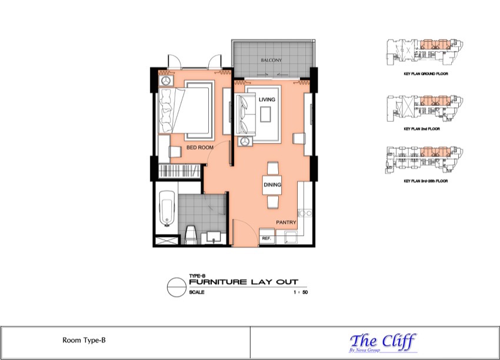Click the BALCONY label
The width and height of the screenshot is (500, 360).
[271, 60]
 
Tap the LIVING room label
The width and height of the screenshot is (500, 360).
[267, 99]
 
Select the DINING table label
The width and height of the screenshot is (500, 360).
[272, 185]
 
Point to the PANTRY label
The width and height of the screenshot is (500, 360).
[286, 222]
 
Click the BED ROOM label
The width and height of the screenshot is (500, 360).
[200, 148]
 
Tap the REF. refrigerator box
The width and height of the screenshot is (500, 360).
[266, 238]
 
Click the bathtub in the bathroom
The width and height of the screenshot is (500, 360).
[166, 208]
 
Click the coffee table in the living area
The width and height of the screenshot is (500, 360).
[265, 114]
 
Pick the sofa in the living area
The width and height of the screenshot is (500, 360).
[245, 114]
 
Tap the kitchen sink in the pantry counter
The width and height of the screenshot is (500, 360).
[291, 238]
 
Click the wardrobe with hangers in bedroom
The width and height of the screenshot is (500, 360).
[179, 171]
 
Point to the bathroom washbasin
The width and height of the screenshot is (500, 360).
[213, 237]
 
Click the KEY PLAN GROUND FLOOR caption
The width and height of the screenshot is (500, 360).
[426, 74]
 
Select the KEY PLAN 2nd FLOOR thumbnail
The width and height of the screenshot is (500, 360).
[425, 108]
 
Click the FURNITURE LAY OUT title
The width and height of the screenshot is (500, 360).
[244, 282]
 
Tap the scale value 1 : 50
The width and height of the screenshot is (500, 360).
[301, 292]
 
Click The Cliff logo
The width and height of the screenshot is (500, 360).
[383, 342]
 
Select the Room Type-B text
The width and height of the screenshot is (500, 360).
[84, 340]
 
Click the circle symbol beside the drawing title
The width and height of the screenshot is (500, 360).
[176, 287]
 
